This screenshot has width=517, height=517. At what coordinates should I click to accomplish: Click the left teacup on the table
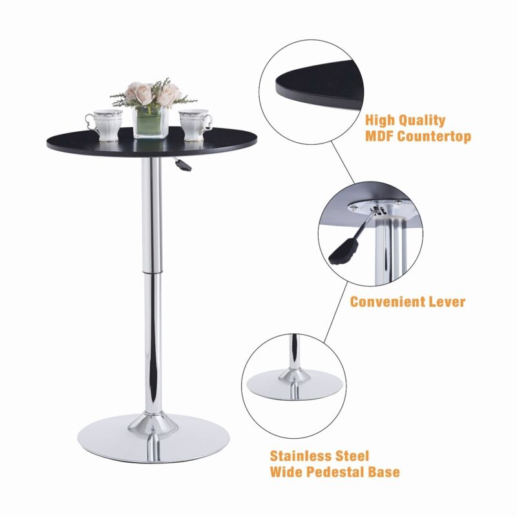point(105,125)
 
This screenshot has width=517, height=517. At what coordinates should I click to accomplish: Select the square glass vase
point(151,121)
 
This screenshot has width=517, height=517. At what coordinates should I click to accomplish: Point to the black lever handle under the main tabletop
point(184,165)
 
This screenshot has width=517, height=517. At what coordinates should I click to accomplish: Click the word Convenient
point(387,302)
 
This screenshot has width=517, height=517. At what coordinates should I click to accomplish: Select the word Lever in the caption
point(447,302)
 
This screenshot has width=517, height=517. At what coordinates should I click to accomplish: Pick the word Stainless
point(301,456)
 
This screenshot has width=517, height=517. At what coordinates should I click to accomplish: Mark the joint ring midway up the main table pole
point(152,271)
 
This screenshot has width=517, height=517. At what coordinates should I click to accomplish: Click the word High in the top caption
point(379,120)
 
